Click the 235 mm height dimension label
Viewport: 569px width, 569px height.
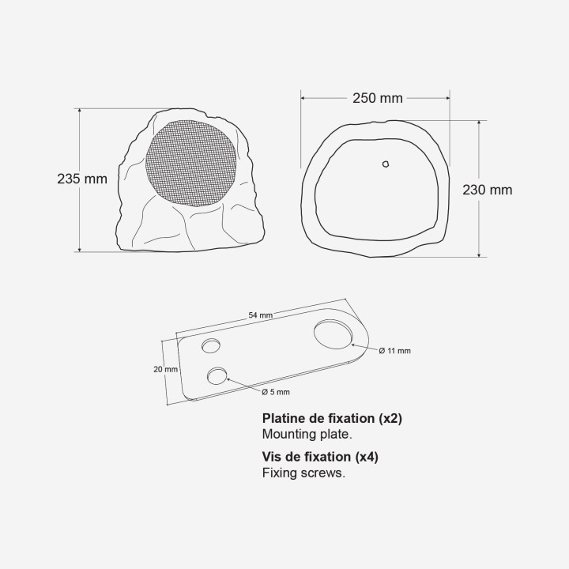click(82, 179)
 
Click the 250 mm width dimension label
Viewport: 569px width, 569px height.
click(377, 98)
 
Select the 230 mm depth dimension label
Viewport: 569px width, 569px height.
click(487, 190)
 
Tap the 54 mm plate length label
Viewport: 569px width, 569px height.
click(261, 315)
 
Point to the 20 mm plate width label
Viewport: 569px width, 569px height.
click(166, 368)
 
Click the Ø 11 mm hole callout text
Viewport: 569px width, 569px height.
click(395, 350)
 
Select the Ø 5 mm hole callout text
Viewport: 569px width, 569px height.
click(276, 391)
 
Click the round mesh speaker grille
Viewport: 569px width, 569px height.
click(190, 163)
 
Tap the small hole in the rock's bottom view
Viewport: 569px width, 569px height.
click(386, 164)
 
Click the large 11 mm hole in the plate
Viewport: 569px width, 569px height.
click(332, 333)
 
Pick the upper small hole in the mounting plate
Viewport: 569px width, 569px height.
click(211, 345)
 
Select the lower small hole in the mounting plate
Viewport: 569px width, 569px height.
click(217, 375)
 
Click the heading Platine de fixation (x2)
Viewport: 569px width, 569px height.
click(332, 419)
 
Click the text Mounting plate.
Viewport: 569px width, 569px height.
click(307, 434)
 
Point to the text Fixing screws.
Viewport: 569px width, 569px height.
click(303, 473)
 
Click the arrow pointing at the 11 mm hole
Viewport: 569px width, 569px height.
click(362, 347)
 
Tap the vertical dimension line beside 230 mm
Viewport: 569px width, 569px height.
click(480, 229)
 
